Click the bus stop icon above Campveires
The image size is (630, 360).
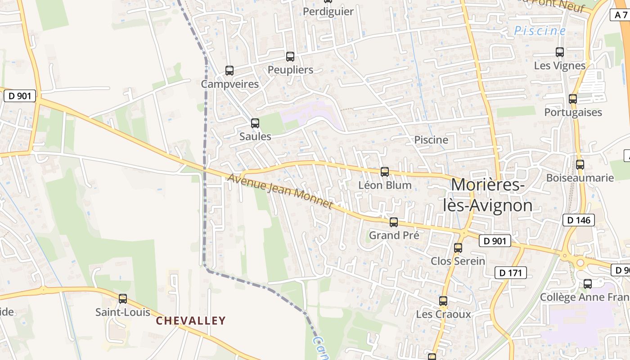(229, 71)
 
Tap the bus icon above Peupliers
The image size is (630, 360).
(290, 57)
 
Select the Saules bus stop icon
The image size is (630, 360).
(255, 123)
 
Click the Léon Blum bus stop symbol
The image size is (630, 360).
(385, 172)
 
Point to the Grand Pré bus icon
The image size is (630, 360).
(394, 222)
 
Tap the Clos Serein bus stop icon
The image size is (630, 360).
(458, 248)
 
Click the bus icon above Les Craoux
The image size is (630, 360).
(443, 301)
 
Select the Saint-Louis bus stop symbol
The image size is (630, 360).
(123, 299)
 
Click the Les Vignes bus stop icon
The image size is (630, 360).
(560, 52)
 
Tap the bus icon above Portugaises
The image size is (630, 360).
(573, 99)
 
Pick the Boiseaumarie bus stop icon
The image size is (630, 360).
(580, 165)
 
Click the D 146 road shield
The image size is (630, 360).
(579, 220)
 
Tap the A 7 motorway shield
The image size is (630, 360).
(621, 15)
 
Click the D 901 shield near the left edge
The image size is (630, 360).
(20, 96)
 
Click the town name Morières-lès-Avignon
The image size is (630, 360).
(488, 195)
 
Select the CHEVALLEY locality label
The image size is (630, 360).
(191, 321)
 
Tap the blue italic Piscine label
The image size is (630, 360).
(540, 31)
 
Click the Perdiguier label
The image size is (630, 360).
(328, 12)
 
